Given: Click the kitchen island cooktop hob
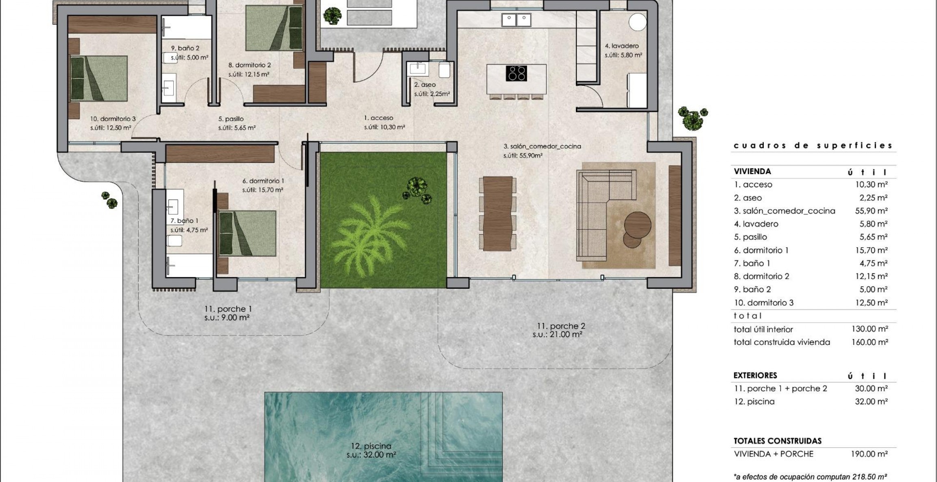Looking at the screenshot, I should coord(516,74).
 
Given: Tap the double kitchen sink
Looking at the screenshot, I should coord(516,19).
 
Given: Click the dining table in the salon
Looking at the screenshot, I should coord(497,213).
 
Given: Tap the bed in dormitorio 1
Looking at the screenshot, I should coord(247,233).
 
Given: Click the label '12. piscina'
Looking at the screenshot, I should coord(372,446).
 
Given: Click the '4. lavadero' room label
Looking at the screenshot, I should coord(621,46).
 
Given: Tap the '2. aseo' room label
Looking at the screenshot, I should coord(425,85).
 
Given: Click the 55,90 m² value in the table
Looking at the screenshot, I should coord(871,211).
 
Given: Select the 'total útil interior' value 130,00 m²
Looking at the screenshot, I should coord(869,329).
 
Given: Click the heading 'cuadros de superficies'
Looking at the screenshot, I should coord(813,146).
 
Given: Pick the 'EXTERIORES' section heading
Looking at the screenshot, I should coord(755,375).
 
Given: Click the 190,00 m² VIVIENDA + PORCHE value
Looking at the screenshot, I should coord(869,454).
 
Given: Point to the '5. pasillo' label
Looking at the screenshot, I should coord(231,119).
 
